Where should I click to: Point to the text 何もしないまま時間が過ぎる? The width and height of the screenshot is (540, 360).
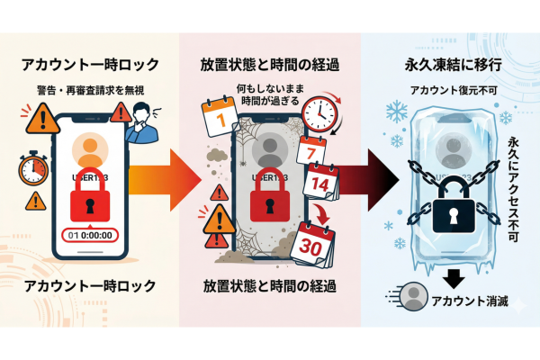pyautogui.click(x=269, y=94)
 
